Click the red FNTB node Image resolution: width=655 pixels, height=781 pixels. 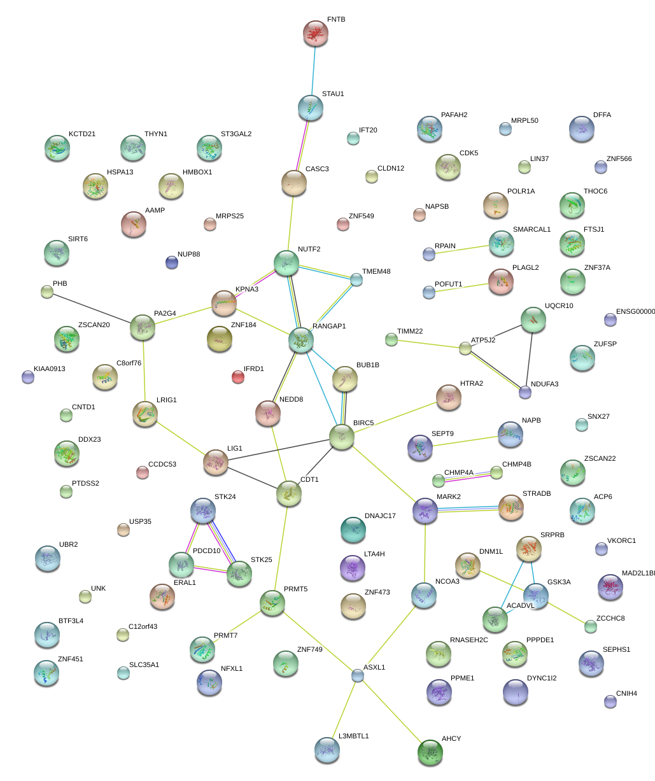[x=316, y=34]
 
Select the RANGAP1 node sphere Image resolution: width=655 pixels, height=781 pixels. [x=300, y=341]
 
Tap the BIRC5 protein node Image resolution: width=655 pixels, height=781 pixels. [x=342, y=437]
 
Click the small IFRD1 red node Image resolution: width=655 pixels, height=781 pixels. [x=238, y=377]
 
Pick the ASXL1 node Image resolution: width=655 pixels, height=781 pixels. [x=358, y=676]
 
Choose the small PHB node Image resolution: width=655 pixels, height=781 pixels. [x=47, y=292]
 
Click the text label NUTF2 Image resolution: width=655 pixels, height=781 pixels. [x=309, y=249]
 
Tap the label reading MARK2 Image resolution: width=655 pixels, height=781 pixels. [x=449, y=496]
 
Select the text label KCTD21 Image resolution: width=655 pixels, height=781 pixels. [x=82, y=134]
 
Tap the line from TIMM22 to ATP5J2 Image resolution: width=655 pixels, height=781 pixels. [x=428, y=344]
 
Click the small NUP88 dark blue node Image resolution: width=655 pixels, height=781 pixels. [x=172, y=262]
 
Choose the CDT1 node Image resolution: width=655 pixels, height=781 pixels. [x=289, y=494]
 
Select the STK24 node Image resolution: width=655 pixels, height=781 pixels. [x=203, y=510]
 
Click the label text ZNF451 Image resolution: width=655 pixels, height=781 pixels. [x=70, y=659]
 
